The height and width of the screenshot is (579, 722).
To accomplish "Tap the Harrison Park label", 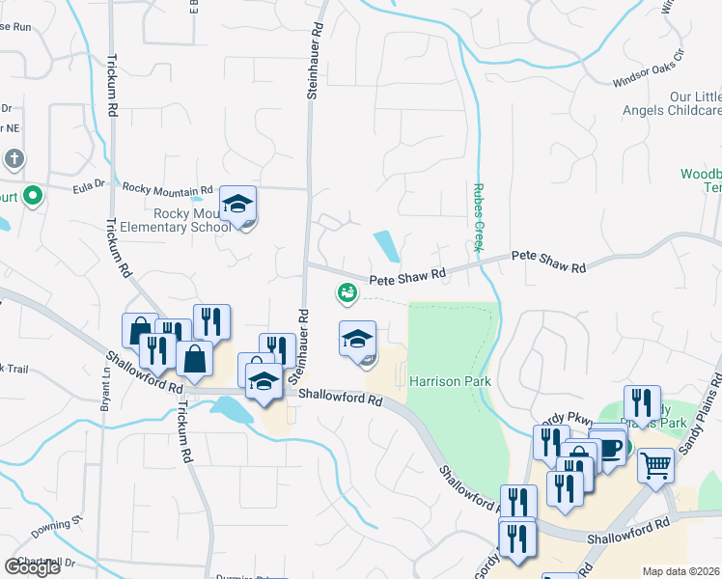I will tap(450, 381).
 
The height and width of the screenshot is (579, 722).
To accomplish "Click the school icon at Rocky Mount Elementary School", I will tap(237, 206).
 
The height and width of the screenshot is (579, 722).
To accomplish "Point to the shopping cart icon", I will tap(655, 466).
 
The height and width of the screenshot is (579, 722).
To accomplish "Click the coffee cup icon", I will tap(608, 447).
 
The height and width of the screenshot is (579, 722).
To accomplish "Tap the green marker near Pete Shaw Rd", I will tap(347, 291).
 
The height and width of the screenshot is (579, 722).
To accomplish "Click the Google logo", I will tap(32, 566).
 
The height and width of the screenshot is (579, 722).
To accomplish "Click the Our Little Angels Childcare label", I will tap(695, 104).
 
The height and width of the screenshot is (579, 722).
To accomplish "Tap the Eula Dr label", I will tap(87, 185).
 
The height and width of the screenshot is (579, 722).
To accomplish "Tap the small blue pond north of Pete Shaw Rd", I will tap(387, 246).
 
